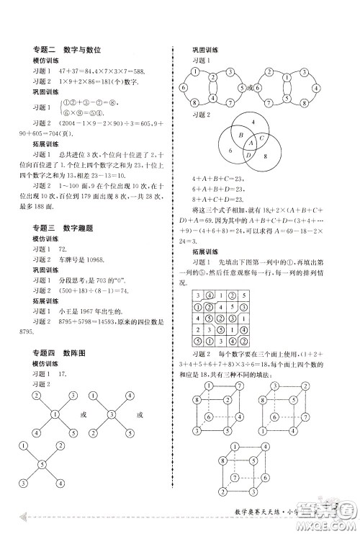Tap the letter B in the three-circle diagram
pos(233,134)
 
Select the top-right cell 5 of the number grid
pos(244,294)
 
